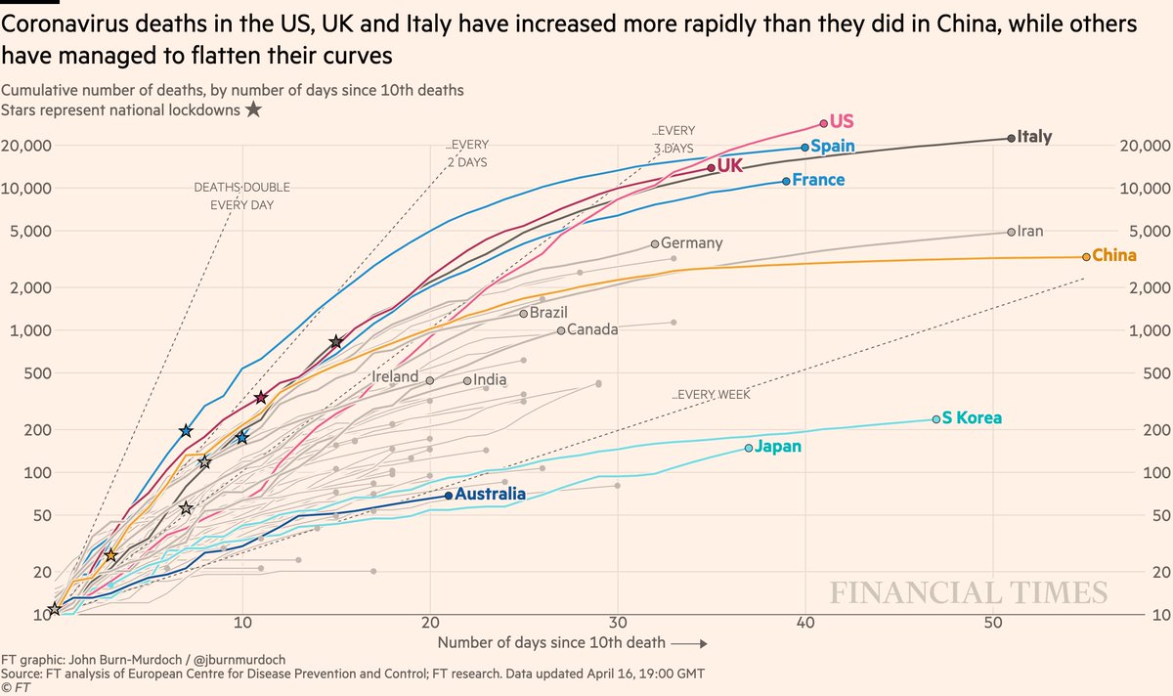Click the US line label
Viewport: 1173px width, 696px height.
tap(842, 122)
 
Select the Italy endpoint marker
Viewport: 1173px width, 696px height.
tap(1011, 138)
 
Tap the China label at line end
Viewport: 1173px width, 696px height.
tap(1114, 256)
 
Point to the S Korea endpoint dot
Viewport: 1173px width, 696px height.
tap(936, 418)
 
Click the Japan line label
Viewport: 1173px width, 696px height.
tap(779, 447)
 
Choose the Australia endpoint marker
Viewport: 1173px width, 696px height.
tap(449, 495)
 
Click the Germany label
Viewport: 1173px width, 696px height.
tap(692, 243)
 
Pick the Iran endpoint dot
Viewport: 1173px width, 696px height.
tap(1011, 232)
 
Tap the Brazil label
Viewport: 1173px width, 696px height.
tap(548, 313)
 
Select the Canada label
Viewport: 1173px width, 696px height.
tap(592, 329)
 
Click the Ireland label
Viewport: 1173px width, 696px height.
tap(395, 376)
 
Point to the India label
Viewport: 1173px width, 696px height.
tap(490, 380)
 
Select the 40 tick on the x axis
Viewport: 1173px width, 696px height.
tap(804, 626)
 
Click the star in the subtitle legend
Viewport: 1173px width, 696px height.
tap(253, 109)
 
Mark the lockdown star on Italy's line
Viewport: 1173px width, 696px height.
tap(336, 341)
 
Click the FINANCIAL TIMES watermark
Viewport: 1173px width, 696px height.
tap(969, 592)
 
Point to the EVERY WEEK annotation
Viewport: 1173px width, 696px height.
tap(711, 395)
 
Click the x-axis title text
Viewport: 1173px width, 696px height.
tap(552, 643)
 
